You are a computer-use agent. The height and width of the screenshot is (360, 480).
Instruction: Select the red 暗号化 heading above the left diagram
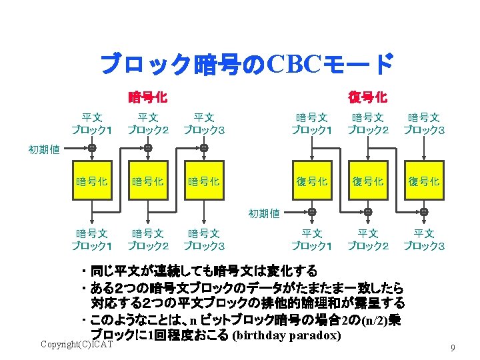(147, 97)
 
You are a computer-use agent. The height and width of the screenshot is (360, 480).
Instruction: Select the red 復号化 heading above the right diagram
(367, 97)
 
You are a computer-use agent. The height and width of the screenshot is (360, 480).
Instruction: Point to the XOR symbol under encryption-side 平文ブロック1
(92, 147)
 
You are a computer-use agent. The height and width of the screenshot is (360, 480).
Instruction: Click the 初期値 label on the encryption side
(44, 149)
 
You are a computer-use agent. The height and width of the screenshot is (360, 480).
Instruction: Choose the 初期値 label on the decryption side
(264, 214)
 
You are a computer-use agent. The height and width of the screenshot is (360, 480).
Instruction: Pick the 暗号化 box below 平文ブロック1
(92, 181)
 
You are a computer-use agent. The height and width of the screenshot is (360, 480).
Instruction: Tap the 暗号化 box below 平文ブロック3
(204, 181)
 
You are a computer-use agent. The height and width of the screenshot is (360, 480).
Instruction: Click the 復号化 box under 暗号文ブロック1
(312, 181)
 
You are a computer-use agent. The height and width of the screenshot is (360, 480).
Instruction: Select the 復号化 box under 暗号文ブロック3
(424, 181)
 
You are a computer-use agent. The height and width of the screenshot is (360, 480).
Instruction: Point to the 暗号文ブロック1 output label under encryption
(92, 239)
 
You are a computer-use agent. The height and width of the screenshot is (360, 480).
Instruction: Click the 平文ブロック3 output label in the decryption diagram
(424, 239)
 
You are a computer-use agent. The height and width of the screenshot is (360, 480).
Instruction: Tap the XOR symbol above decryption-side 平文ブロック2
(368, 211)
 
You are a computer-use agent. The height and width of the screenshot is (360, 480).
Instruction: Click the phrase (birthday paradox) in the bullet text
(287, 334)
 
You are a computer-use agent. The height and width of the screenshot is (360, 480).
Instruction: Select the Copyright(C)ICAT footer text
(77, 344)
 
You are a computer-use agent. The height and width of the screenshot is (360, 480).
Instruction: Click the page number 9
(453, 347)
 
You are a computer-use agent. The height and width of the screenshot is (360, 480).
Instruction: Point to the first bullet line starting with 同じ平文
(200, 271)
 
